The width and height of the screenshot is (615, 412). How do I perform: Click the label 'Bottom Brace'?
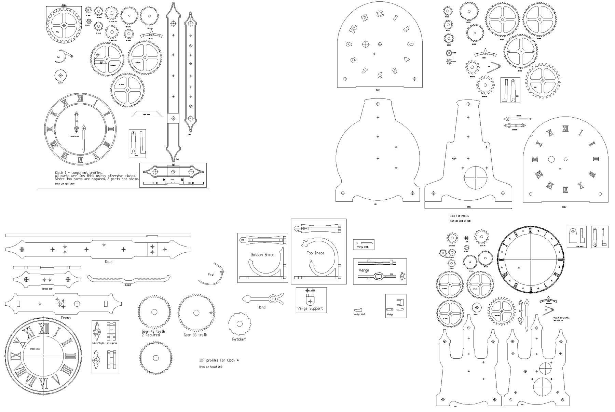[262, 255]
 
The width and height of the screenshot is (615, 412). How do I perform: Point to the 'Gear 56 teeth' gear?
[196, 312]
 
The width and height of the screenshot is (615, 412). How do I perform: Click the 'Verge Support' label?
[310, 308]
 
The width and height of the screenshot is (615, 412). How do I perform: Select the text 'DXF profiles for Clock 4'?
[219, 360]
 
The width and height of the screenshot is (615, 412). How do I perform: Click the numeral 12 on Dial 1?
[380, 14]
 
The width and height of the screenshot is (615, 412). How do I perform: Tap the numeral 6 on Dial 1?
[380, 75]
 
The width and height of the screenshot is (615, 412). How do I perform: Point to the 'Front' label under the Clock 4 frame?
[66, 318]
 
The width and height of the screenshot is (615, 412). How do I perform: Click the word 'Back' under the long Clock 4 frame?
[108, 262]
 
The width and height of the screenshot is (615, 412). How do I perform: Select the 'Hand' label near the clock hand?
[261, 307]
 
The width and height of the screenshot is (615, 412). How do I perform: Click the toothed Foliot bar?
[128, 279]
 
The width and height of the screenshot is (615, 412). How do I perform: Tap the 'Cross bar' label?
[47, 289]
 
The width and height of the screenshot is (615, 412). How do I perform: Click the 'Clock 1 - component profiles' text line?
[79, 173]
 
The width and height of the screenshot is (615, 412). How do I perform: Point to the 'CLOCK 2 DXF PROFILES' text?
[460, 216]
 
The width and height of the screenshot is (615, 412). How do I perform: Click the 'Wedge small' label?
[359, 314]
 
